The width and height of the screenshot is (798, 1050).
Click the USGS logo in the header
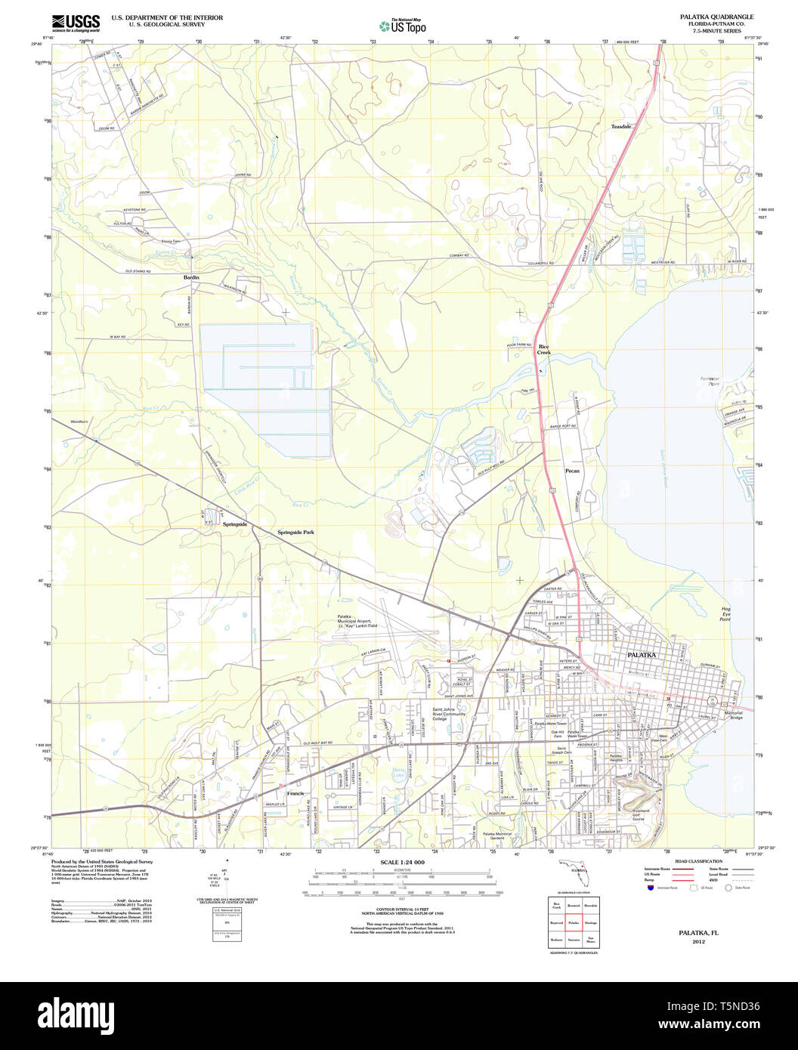[x=76, y=22]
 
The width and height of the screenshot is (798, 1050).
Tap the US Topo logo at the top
[x=403, y=25]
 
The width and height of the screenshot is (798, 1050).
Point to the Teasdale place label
[x=621, y=127]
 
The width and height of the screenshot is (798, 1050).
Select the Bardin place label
[x=190, y=278]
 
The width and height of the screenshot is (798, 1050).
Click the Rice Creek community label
[x=544, y=350]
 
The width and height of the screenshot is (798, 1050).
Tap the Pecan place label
[x=573, y=471]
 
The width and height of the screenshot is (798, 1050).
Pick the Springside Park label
[x=294, y=532]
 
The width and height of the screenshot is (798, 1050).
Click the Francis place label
[x=295, y=794]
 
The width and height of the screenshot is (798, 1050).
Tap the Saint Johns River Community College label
[x=450, y=714]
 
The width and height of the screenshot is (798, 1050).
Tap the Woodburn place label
[x=79, y=422]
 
